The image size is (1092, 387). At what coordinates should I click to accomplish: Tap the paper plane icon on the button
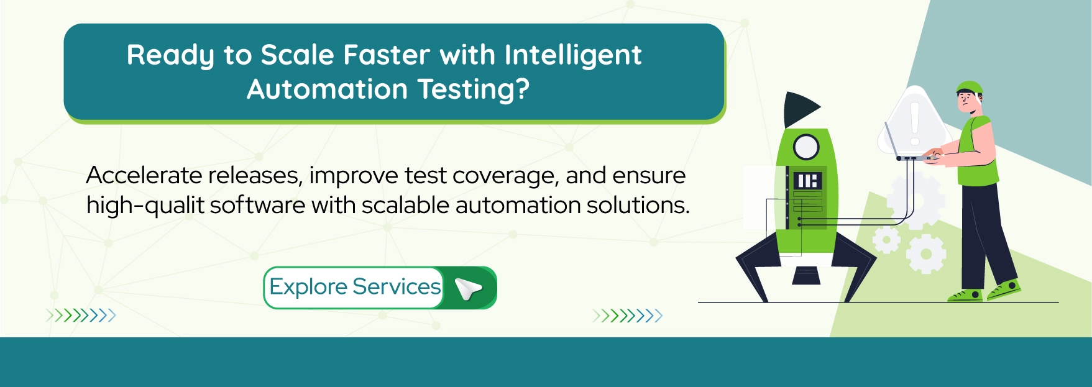click(469, 288)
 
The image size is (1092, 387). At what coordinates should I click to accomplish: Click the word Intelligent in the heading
click(572, 55)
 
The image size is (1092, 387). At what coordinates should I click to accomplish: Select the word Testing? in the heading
click(474, 89)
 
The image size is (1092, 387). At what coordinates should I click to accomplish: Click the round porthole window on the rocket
click(806, 147)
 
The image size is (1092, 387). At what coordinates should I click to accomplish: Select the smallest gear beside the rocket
click(886, 240)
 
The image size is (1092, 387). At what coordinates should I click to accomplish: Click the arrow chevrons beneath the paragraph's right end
click(628, 316)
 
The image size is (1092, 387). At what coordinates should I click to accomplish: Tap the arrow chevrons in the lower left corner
click(81, 316)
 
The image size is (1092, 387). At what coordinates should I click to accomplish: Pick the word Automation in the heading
click(327, 89)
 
